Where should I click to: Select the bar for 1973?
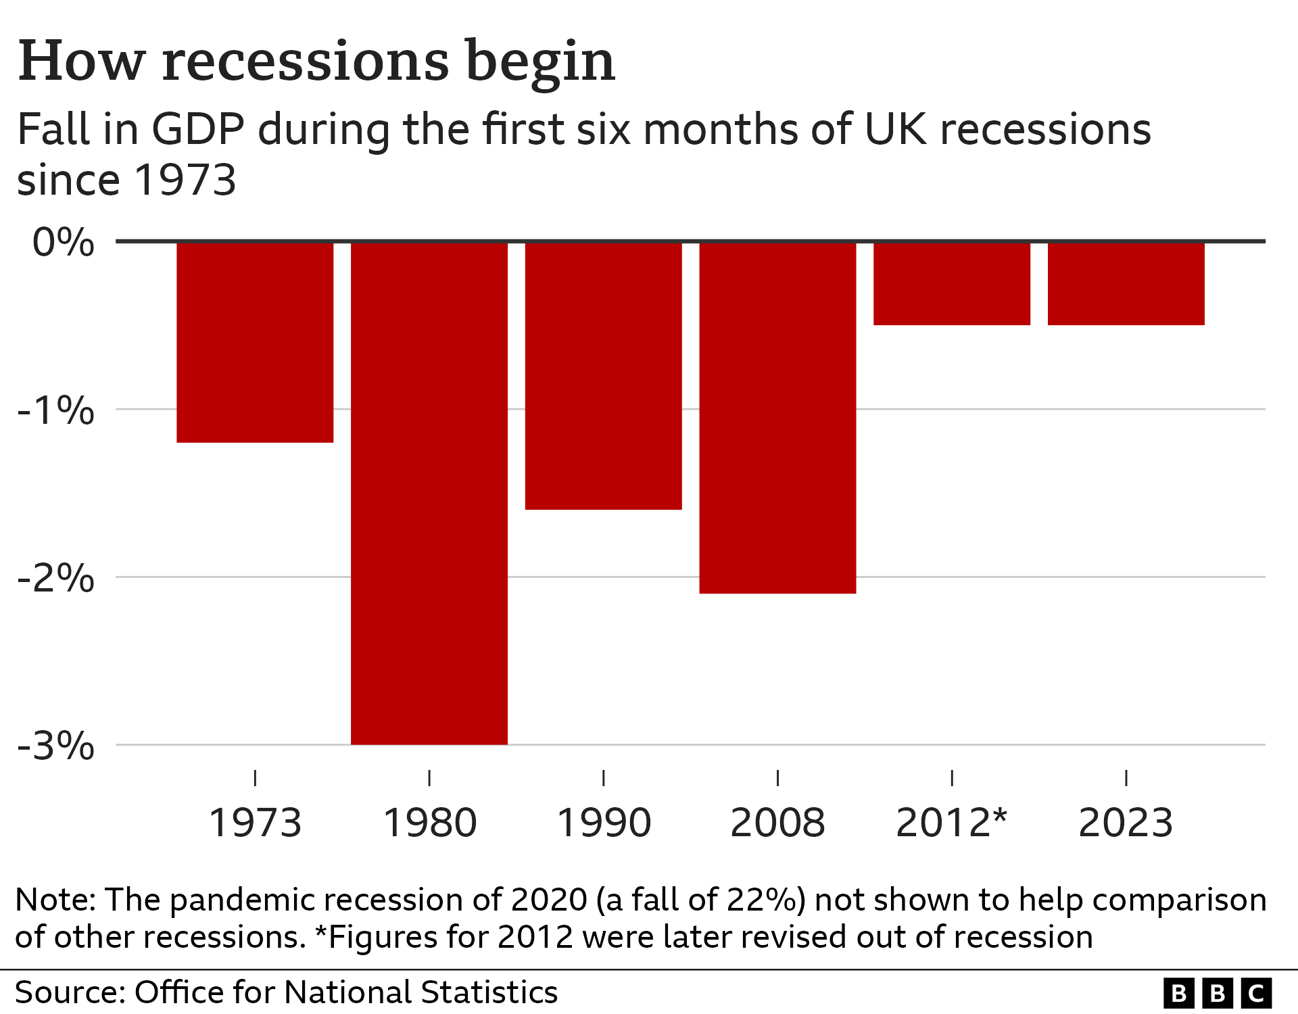255,342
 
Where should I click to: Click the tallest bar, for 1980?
429,493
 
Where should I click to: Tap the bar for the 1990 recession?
603,375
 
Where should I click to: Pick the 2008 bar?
777,418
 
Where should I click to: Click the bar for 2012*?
952,284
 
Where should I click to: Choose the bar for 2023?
1126,284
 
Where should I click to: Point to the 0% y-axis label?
63,242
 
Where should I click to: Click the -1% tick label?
56,410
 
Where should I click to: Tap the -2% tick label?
56,578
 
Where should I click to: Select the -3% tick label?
56,746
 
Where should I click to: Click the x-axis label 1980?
430,823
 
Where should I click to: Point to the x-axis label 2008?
777,823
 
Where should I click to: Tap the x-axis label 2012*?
951,823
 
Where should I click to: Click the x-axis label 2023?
1126,823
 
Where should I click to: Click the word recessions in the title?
306,62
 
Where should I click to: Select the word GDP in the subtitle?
197,129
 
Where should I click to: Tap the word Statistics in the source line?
489,992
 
